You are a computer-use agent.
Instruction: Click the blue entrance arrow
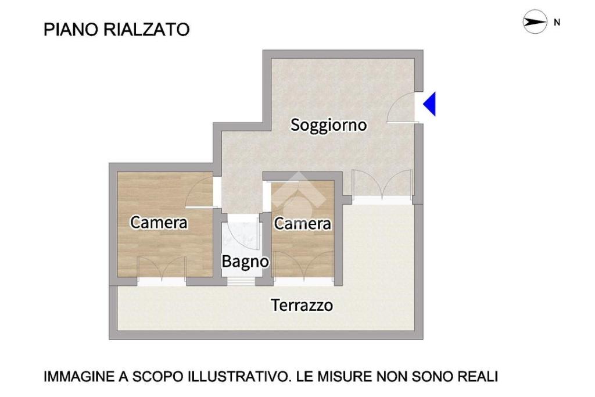430,104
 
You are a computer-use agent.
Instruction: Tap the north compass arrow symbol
535,22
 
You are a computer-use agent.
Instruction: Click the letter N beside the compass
557,23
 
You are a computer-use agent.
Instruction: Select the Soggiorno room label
329,125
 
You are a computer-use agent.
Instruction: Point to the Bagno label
245,262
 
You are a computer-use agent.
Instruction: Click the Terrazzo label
302,305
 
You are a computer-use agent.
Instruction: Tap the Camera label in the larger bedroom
159,223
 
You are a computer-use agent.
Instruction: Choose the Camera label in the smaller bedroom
302,224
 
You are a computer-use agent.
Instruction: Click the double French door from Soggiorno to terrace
382,184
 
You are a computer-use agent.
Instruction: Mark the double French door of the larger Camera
162,270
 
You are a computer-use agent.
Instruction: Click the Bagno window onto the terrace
241,281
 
